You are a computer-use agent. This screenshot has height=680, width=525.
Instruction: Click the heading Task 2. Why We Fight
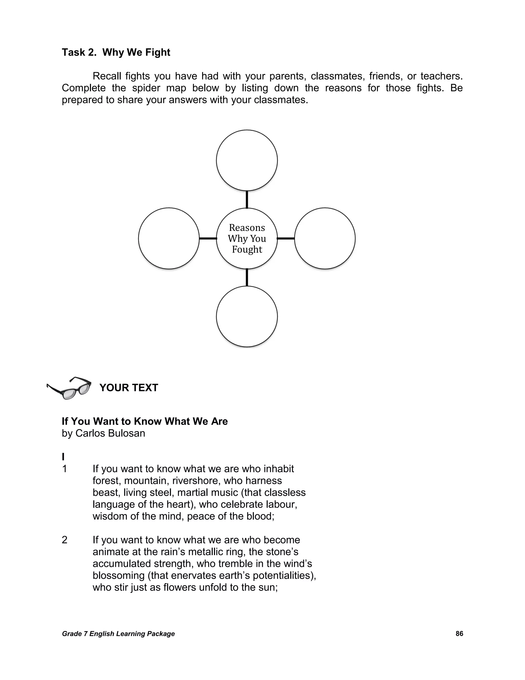coord(116,52)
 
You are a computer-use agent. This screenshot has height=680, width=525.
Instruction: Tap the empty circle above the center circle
coord(247,160)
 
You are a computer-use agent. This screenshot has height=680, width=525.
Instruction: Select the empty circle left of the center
coord(169,238)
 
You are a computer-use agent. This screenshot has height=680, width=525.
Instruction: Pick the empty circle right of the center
coord(325,238)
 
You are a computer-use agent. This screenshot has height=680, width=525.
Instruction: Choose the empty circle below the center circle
coord(247,316)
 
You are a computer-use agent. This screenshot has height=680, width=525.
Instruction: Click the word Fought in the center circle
coord(247,250)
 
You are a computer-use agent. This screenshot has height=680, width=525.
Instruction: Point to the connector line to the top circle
coord(247,199)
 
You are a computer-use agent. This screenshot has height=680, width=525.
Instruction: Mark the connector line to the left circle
coord(208,238)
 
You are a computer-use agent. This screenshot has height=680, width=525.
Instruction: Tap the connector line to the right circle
coord(286,238)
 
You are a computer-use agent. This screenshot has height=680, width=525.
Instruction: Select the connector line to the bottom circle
coord(247,277)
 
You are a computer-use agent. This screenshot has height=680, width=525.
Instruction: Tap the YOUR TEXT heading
coord(129,388)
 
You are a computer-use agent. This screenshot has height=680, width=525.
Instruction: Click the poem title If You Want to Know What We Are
coord(145,422)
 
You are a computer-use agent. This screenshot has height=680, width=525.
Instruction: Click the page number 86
coord(459,634)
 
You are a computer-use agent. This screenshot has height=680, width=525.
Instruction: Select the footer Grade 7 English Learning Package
coord(118,634)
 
